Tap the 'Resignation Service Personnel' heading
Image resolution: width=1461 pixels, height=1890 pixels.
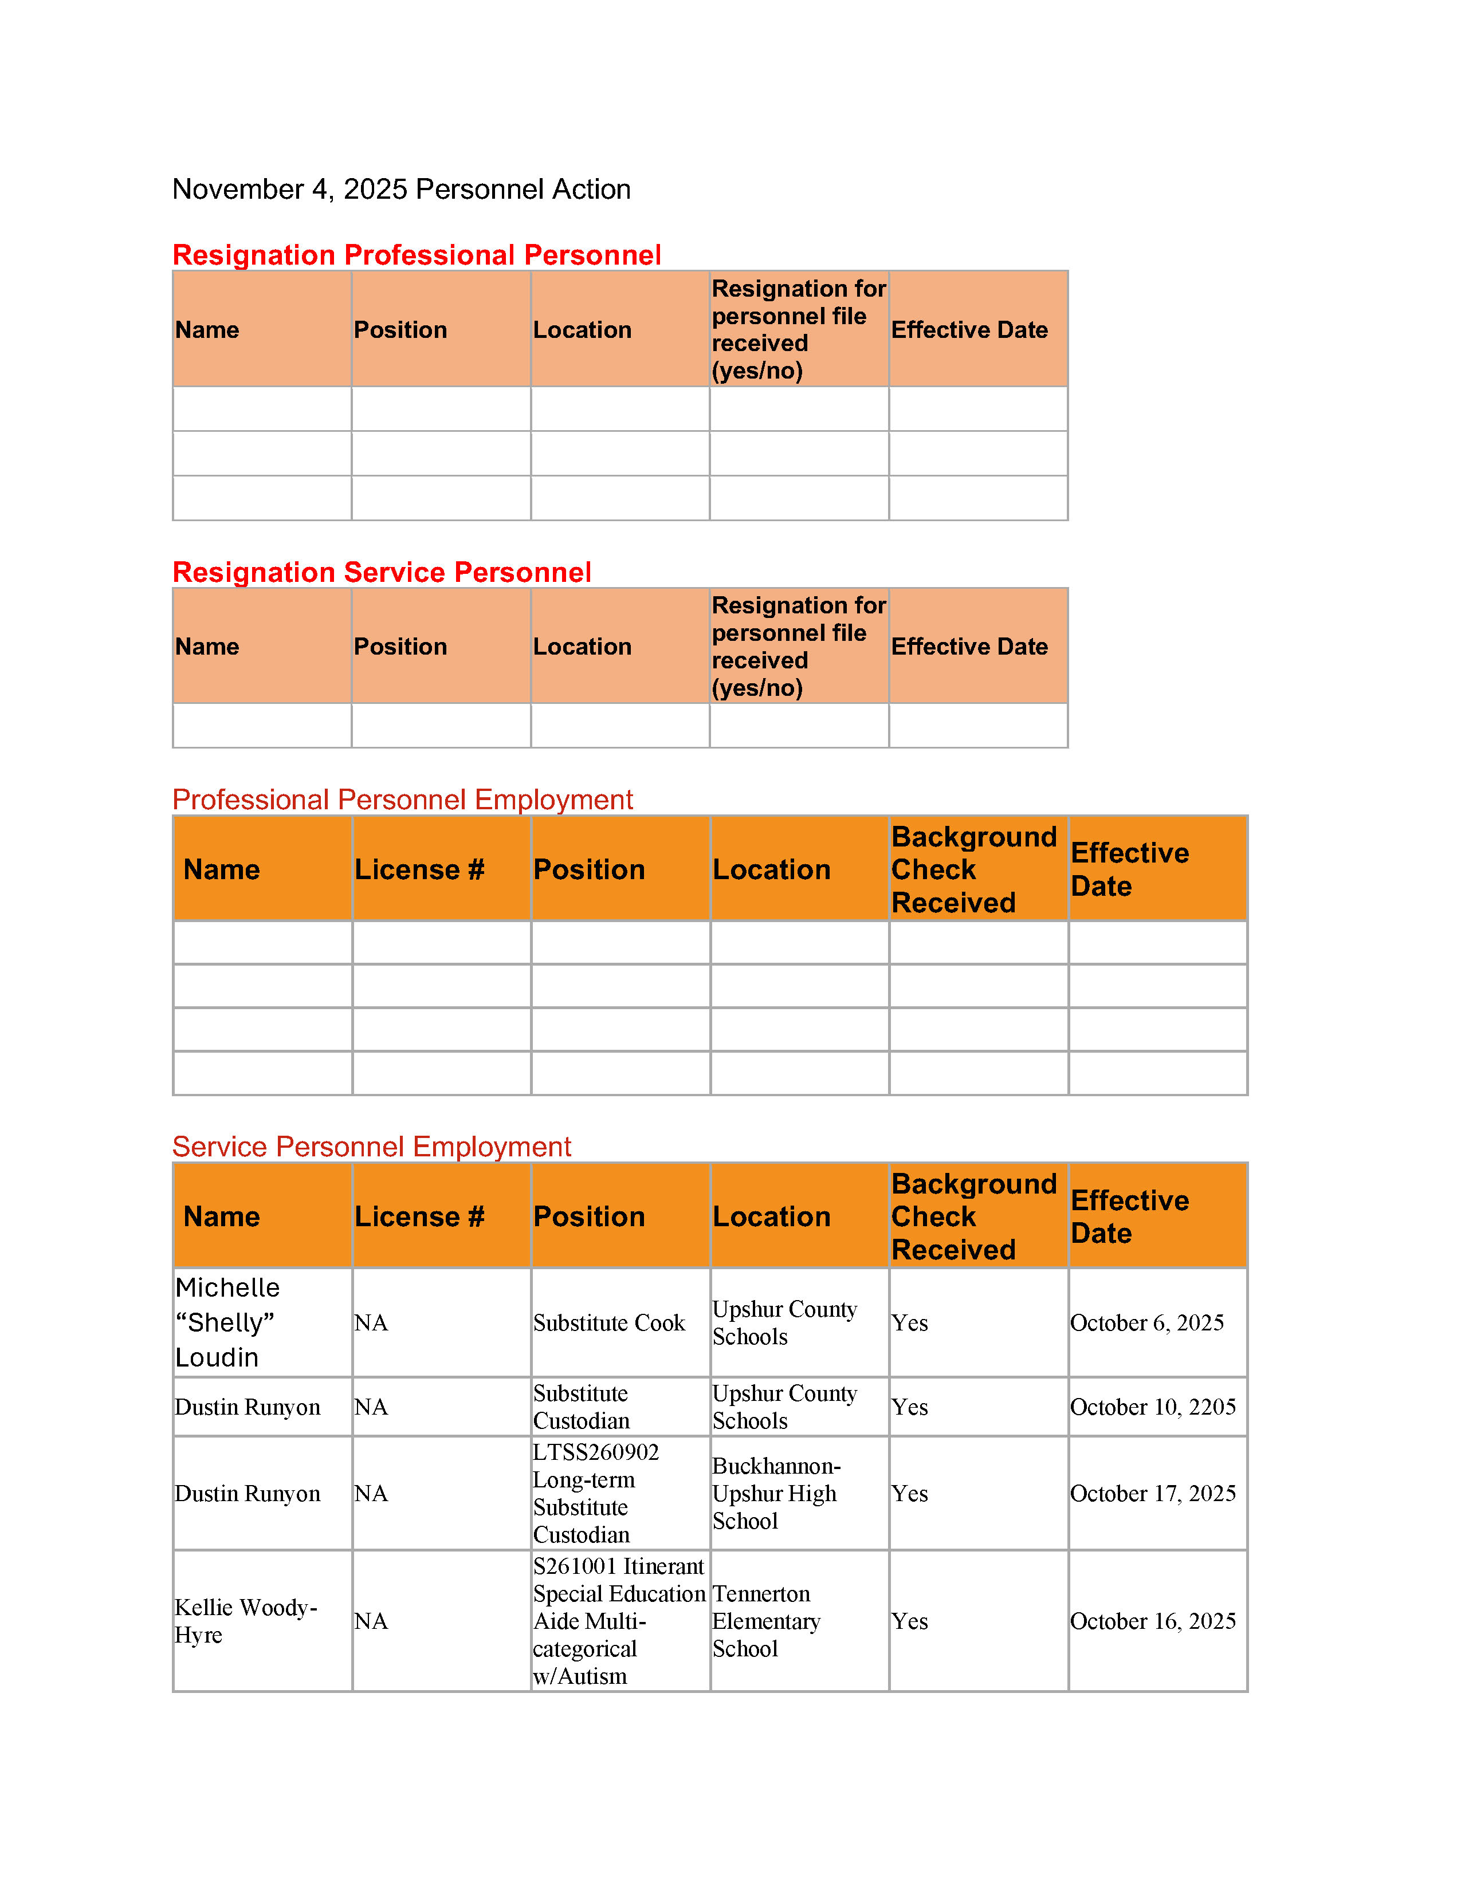pyautogui.click(x=382, y=572)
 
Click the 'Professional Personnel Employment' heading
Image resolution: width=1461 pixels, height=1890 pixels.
pyautogui.click(x=402, y=799)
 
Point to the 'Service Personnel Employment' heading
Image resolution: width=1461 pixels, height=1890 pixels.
pyautogui.click(x=371, y=1146)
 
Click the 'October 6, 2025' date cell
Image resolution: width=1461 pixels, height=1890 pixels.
pyautogui.click(x=1147, y=1322)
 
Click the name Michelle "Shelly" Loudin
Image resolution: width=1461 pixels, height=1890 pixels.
pyautogui.click(x=227, y=1322)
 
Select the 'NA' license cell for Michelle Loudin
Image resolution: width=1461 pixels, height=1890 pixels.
pyautogui.click(x=371, y=1322)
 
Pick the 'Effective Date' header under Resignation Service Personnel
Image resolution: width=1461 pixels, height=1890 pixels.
pyautogui.click(x=969, y=647)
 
